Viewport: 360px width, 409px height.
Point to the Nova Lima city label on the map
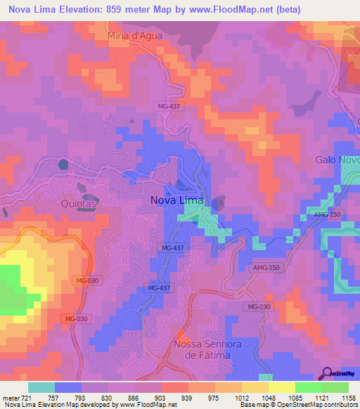coord(176,200)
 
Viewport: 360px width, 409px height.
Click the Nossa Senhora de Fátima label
coord(202,349)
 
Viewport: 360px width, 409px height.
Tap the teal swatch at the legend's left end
coord(41,387)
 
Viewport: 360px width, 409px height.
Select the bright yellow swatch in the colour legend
coord(281,387)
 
